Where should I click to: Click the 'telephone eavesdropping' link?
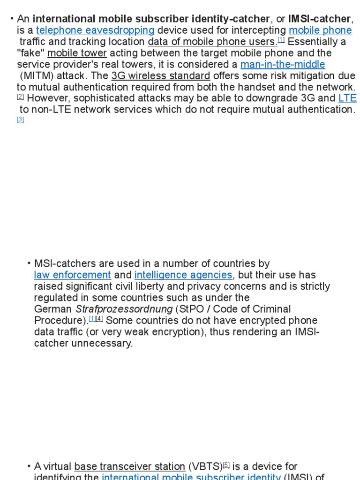(95, 30)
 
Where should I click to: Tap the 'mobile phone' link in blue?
(320, 30)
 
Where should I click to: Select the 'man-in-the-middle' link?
(282, 65)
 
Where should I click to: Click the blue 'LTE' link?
(347, 98)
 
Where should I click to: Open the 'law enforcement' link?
(72, 275)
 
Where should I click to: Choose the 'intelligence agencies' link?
(183, 275)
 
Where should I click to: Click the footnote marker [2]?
(21, 97)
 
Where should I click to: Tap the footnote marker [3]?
(21, 120)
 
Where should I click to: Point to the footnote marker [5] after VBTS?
(226, 465)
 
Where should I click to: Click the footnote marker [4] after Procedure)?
(99, 319)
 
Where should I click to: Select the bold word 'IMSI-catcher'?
(319, 19)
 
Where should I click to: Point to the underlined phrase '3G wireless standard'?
(161, 76)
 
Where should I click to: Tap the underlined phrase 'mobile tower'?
(77, 53)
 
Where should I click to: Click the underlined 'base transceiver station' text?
(130, 467)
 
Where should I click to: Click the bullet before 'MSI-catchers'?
(29, 264)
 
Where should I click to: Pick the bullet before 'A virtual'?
(29, 467)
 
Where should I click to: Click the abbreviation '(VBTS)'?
(205, 467)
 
